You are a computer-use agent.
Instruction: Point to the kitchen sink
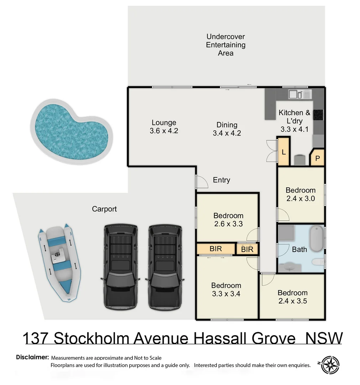(295, 94)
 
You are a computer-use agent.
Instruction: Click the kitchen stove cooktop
(318, 114)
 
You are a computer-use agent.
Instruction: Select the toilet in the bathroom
(318, 262)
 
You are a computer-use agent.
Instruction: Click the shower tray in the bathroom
(287, 233)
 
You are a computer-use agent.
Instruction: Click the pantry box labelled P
(317, 158)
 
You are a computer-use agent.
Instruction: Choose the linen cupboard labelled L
(284, 152)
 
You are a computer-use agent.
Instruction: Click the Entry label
(221, 180)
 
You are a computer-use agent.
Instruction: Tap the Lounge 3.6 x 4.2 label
(164, 127)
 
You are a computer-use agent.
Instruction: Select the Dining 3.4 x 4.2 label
(227, 129)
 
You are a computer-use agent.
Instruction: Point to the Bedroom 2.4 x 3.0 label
(301, 194)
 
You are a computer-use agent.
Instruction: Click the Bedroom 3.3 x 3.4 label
(226, 289)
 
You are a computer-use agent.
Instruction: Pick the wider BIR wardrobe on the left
(216, 248)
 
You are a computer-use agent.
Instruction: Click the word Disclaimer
(32, 357)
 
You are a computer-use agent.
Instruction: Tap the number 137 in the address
(35, 338)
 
